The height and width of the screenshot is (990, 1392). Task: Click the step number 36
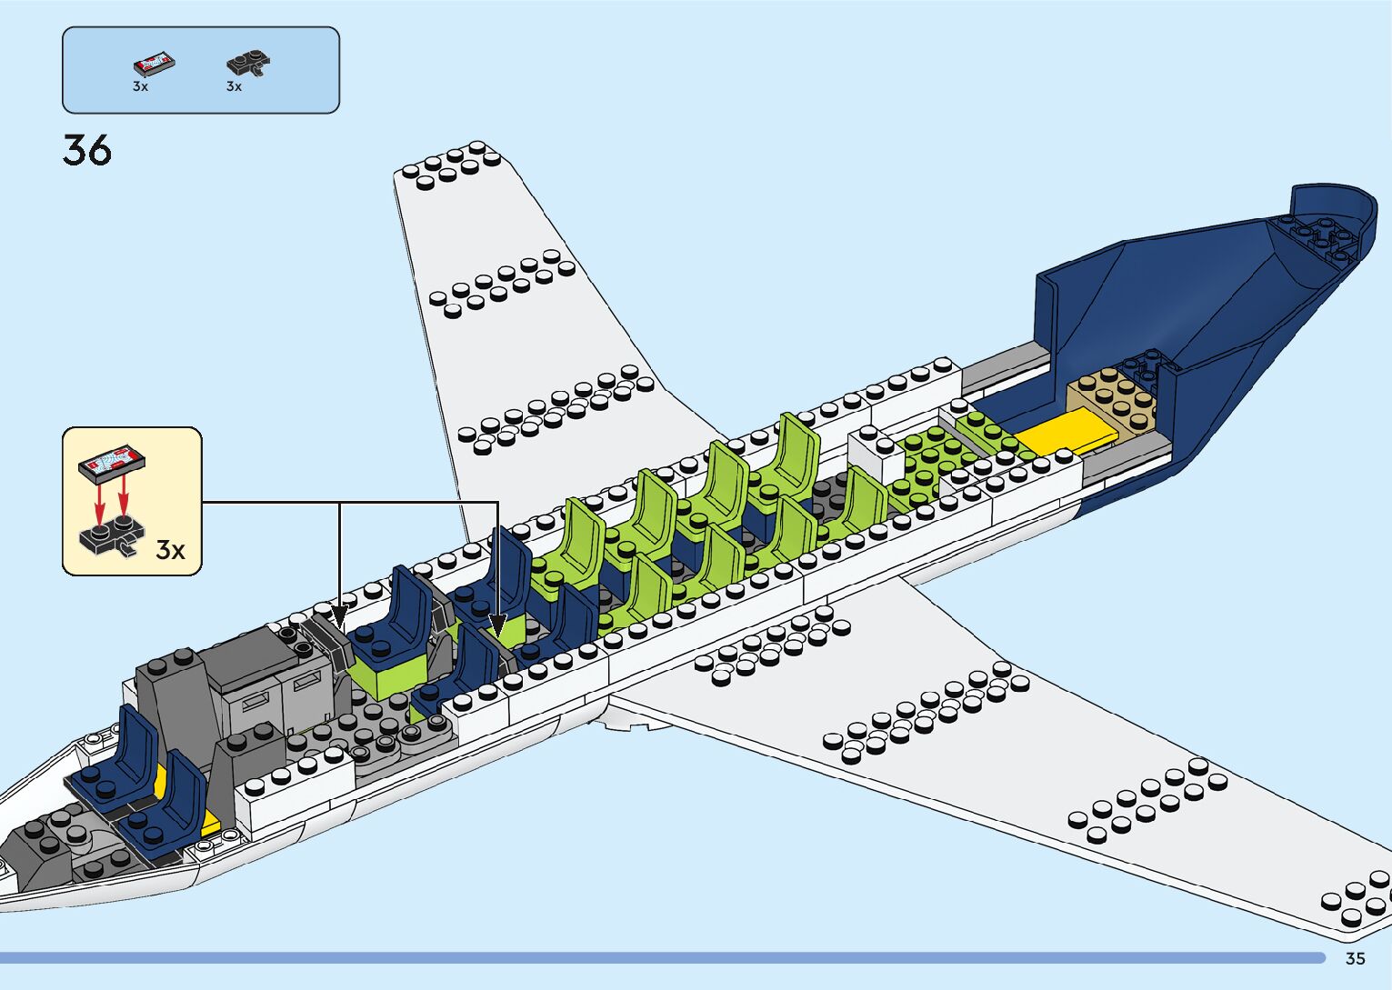tap(87, 150)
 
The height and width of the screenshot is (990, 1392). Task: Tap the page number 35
tap(1355, 958)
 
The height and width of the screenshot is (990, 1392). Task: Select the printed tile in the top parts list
tap(154, 64)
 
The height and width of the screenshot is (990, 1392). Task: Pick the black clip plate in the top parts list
tap(247, 63)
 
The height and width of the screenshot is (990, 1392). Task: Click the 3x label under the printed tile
tap(140, 86)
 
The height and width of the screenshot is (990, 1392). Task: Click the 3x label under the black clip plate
tap(234, 86)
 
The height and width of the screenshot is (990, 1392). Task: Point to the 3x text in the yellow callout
tap(170, 550)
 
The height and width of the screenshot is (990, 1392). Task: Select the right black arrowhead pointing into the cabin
tap(497, 625)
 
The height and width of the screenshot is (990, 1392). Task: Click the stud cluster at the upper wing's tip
tap(451, 165)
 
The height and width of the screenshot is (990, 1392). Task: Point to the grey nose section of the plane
tap(45, 855)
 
